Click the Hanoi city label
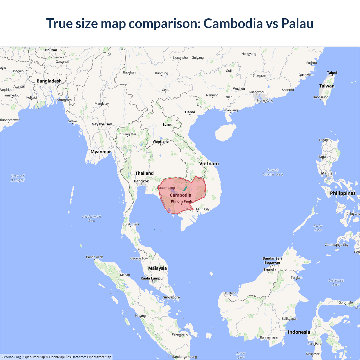(190, 112)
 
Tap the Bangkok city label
(141, 181)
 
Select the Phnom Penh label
(181, 201)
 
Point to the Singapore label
(171, 297)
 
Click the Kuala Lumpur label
(152, 278)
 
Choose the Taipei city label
(332, 73)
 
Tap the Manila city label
(327, 173)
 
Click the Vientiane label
(161, 141)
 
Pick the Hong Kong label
(265, 100)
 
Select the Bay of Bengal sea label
(18, 178)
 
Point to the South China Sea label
(273, 172)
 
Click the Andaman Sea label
(92, 219)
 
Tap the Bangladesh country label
(49, 81)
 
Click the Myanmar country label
(101, 152)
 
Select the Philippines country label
(343, 193)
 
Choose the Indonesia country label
(299, 332)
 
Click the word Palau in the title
(297, 23)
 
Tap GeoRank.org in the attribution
(11, 357)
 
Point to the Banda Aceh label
(94, 257)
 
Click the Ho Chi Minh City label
(198, 209)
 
